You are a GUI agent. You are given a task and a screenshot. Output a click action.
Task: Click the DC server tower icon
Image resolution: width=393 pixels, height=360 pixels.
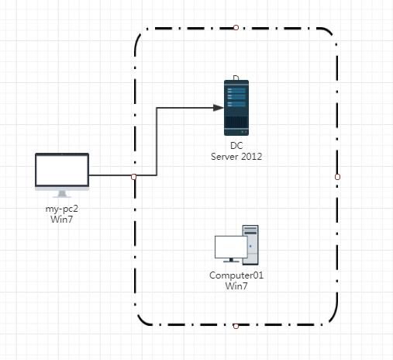coord(236,108)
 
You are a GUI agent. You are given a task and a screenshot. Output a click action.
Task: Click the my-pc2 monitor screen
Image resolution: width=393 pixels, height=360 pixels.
coord(62,170)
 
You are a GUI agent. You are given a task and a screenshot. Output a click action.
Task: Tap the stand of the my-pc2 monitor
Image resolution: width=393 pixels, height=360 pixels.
coord(62,194)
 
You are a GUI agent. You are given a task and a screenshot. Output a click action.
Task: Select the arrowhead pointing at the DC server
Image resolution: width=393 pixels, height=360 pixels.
coord(219,108)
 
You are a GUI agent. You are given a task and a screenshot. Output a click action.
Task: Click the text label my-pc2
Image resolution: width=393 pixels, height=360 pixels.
coord(62,209)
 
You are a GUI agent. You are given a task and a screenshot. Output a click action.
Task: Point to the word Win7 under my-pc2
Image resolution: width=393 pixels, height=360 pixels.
coord(62,220)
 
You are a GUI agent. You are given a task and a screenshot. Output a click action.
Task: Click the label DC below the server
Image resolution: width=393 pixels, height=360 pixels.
coord(236,146)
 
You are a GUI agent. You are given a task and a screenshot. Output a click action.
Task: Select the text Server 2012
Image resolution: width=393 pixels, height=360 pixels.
coord(236,157)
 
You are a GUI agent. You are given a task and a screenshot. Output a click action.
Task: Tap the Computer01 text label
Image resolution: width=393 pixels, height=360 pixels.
coord(236,275)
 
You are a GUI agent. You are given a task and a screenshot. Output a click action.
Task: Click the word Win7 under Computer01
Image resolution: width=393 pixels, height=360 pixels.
coord(236,286)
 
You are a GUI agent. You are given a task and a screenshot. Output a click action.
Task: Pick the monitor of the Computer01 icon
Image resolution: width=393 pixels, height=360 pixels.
coord(231,249)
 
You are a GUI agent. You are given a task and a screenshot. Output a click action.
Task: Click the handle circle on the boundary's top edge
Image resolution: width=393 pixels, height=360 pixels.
coord(236,27)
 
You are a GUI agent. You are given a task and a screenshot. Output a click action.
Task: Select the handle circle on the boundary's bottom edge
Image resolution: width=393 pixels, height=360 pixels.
coord(236,326)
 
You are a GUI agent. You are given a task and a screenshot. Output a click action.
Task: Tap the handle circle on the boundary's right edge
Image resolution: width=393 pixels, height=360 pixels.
coord(337,177)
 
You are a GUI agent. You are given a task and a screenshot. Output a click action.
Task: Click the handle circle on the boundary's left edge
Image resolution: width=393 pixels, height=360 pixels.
coord(133,177)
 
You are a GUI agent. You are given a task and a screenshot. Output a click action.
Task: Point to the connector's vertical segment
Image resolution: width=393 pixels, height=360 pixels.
coord(157,141)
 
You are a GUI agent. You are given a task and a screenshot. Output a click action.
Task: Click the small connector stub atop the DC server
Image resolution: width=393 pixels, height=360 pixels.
coord(236,78)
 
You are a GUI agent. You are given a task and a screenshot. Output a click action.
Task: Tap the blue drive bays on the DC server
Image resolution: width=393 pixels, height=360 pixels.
coord(236,97)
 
